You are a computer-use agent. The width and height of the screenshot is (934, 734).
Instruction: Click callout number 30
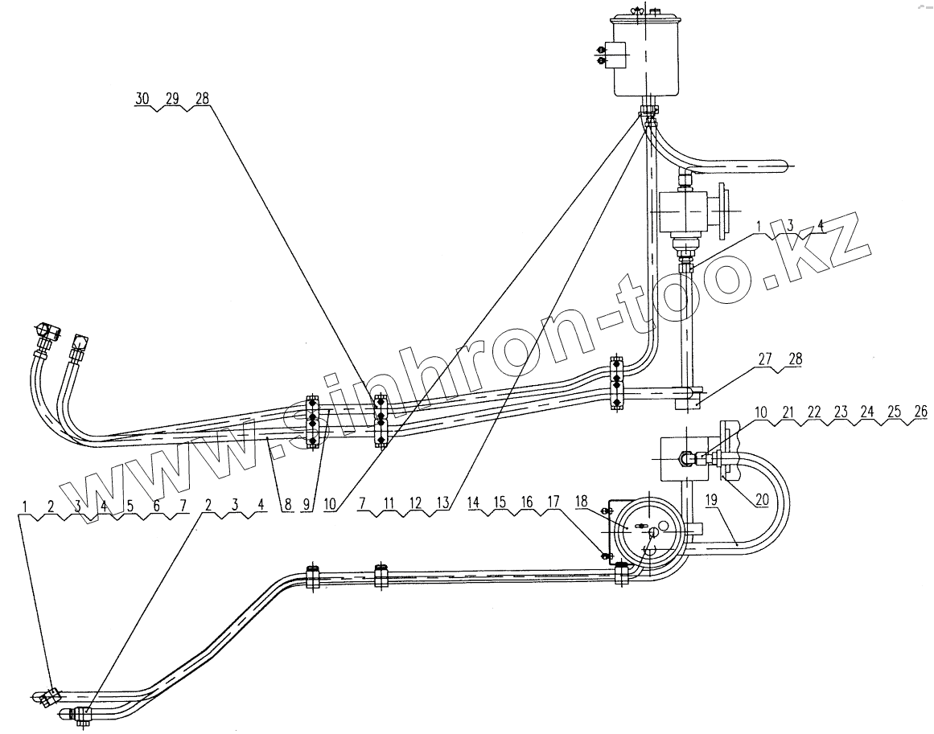pyautogui.click(x=142, y=98)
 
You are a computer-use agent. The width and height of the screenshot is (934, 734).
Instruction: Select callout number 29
pyautogui.click(x=171, y=98)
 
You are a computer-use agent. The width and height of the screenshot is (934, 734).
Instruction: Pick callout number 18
pyautogui.click(x=582, y=500)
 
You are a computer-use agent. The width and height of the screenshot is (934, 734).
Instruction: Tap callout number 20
pyautogui.click(x=761, y=499)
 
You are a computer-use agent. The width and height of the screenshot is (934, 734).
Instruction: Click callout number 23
pyautogui.click(x=841, y=412)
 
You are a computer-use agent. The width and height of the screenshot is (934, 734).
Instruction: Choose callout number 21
pyautogui.click(x=789, y=412)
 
